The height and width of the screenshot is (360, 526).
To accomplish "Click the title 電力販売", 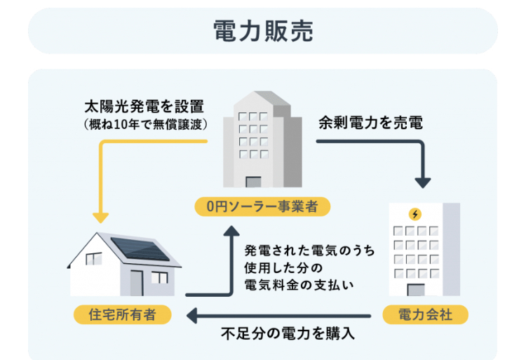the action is (263, 31).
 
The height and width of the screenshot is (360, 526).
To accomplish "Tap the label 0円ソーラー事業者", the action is (262, 206).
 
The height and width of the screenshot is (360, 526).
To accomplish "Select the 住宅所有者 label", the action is (123, 314).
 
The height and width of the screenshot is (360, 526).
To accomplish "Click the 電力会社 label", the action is (425, 314).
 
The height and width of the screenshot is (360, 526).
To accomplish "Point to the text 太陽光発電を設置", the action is (144, 107).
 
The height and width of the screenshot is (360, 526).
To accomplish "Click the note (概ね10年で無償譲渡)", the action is (146, 124).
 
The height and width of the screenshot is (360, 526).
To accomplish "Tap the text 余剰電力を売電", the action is (370, 123).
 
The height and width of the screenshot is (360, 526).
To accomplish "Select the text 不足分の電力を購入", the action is (288, 333).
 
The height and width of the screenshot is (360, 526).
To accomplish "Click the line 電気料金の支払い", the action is (299, 285).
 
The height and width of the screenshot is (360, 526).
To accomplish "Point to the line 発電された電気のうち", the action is (309, 251).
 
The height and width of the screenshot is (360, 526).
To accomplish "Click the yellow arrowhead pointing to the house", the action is (100, 218).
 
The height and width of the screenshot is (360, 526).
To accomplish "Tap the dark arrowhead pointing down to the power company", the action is (423, 182).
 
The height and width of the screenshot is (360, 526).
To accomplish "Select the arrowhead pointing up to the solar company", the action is (231, 230).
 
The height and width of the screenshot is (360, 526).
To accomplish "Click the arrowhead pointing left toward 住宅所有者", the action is (191, 316).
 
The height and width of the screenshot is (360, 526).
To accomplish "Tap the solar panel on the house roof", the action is (140, 248).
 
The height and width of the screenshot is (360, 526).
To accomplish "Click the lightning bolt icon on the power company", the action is (415, 214).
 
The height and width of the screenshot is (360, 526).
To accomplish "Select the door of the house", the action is (137, 283).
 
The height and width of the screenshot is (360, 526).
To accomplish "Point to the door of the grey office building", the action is (253, 182).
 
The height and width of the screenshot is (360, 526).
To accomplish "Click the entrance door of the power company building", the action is (416, 290).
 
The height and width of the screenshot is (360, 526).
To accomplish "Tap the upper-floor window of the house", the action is (94, 259).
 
